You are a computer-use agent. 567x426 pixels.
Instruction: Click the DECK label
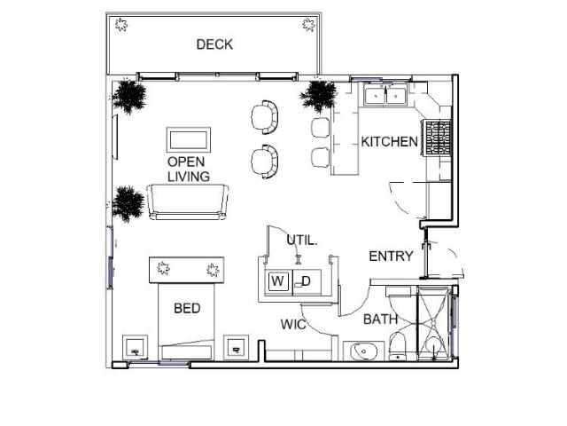pos(214,44)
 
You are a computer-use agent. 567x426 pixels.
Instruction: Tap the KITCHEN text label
pos(389,142)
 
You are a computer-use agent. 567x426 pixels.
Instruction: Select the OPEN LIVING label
pos(188,170)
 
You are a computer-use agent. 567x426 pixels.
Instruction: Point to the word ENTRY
pos(391,256)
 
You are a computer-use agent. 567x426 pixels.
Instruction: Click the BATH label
pos(380,319)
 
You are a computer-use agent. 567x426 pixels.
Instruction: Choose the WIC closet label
pos(293,325)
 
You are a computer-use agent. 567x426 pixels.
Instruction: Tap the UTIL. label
pos(301,240)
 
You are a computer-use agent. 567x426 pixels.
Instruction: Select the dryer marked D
pos(304,282)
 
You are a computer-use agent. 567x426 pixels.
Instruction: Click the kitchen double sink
pos(385,94)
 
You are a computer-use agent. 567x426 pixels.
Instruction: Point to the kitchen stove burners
pos(439,138)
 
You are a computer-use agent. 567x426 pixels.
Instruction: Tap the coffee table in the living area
pos(189,140)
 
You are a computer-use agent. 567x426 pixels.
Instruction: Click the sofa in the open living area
pos(188,202)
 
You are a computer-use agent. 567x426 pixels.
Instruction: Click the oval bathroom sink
pos(364,351)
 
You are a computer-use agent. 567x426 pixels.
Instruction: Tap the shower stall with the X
pos(434,324)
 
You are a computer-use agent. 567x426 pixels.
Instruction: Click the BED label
pos(187,309)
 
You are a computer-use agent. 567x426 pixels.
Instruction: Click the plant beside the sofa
pos(128,202)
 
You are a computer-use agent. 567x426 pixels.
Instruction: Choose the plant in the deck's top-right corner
pos(309,25)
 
